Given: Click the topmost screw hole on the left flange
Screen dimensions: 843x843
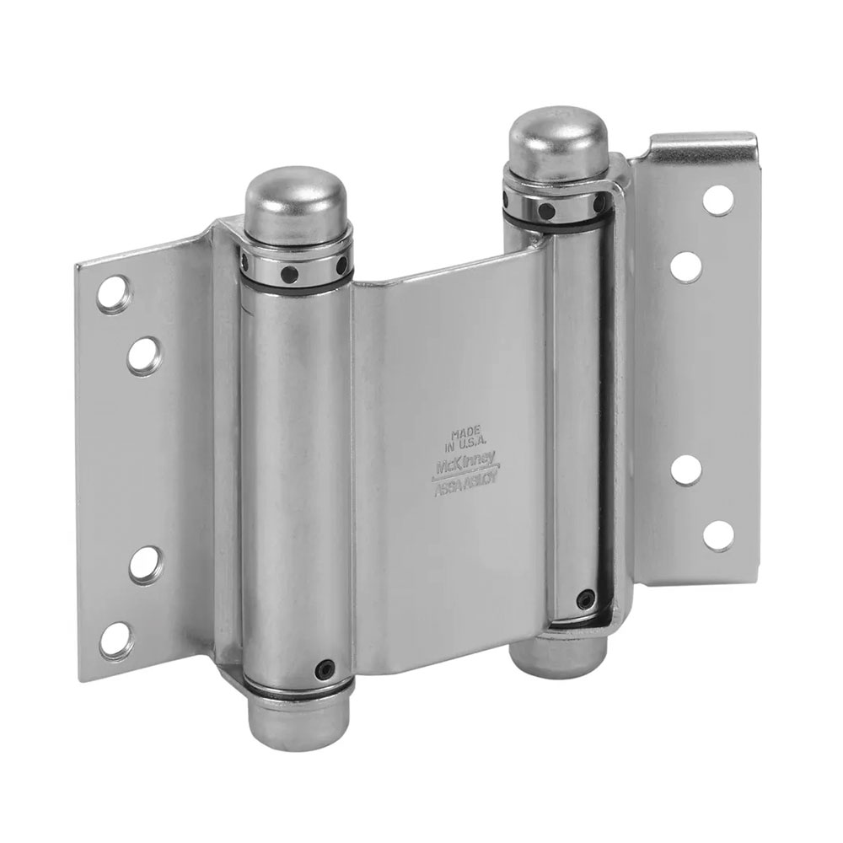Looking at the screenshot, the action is (114, 294).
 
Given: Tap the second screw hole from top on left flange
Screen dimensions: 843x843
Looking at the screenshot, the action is (145, 356).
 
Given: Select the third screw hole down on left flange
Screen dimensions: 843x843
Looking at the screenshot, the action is (145, 564).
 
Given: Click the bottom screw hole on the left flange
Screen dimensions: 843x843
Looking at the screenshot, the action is (115, 641).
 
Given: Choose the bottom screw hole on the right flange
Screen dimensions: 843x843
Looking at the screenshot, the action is (719, 535).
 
